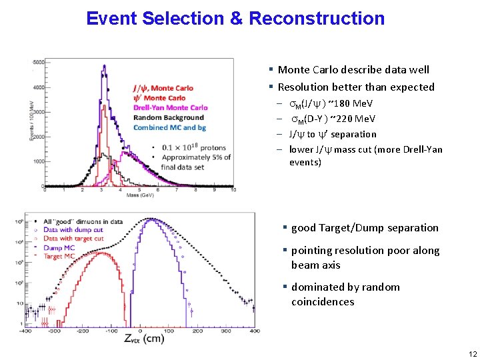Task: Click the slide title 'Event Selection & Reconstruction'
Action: pos(235,18)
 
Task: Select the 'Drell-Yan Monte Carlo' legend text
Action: pos(171,107)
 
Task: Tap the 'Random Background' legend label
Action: pos(169,117)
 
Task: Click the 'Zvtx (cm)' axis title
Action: pos(144,339)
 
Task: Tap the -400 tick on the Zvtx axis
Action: pos(25,330)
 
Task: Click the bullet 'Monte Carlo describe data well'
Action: pos(353,69)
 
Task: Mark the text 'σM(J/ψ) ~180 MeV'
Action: pos(331,104)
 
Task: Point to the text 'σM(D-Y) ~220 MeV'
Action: pos(333,119)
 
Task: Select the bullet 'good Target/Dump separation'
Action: pos(365,227)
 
